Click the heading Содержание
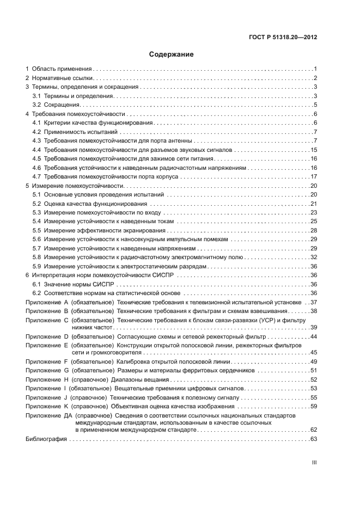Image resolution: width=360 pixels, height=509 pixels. click(171, 54)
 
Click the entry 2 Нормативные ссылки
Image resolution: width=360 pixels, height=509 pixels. click(60, 78)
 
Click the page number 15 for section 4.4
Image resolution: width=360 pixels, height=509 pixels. click(314, 150)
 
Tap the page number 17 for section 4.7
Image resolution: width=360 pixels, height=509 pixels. click(314, 176)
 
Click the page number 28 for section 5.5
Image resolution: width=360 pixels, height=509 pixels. click(314, 230)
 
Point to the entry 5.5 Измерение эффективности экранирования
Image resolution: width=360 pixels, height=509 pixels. click(94, 230)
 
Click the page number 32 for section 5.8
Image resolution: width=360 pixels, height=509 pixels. click(314, 257)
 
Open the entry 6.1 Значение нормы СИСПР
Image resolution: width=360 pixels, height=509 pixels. click(72, 284)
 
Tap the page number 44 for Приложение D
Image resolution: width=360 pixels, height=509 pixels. click(314, 336)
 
